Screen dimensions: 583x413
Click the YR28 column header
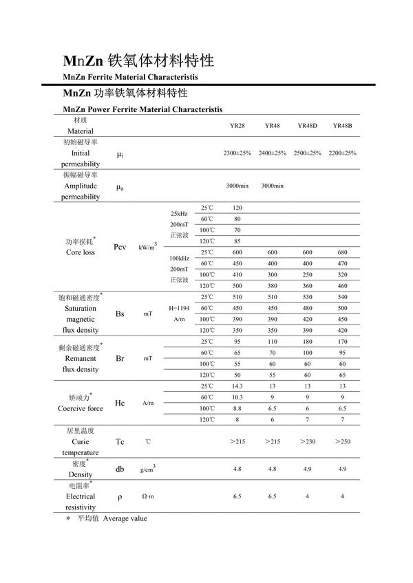[237, 126]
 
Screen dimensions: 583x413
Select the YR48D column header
[307, 126]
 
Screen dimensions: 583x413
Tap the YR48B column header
[342, 126]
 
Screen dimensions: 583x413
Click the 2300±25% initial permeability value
[237, 153]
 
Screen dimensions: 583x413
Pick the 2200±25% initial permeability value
[342, 153]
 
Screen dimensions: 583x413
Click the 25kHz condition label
[179, 214]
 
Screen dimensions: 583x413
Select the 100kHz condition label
[179, 258]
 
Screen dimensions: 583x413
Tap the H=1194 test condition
[179, 309]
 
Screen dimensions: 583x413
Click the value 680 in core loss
[342, 252]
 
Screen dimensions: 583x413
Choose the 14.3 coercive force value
[237, 386]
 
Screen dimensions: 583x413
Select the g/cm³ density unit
[147, 469]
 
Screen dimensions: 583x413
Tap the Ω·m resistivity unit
[147, 496]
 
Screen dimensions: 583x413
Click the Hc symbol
[120, 403]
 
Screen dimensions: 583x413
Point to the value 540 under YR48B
[342, 298]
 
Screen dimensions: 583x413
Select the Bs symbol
[120, 313]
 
